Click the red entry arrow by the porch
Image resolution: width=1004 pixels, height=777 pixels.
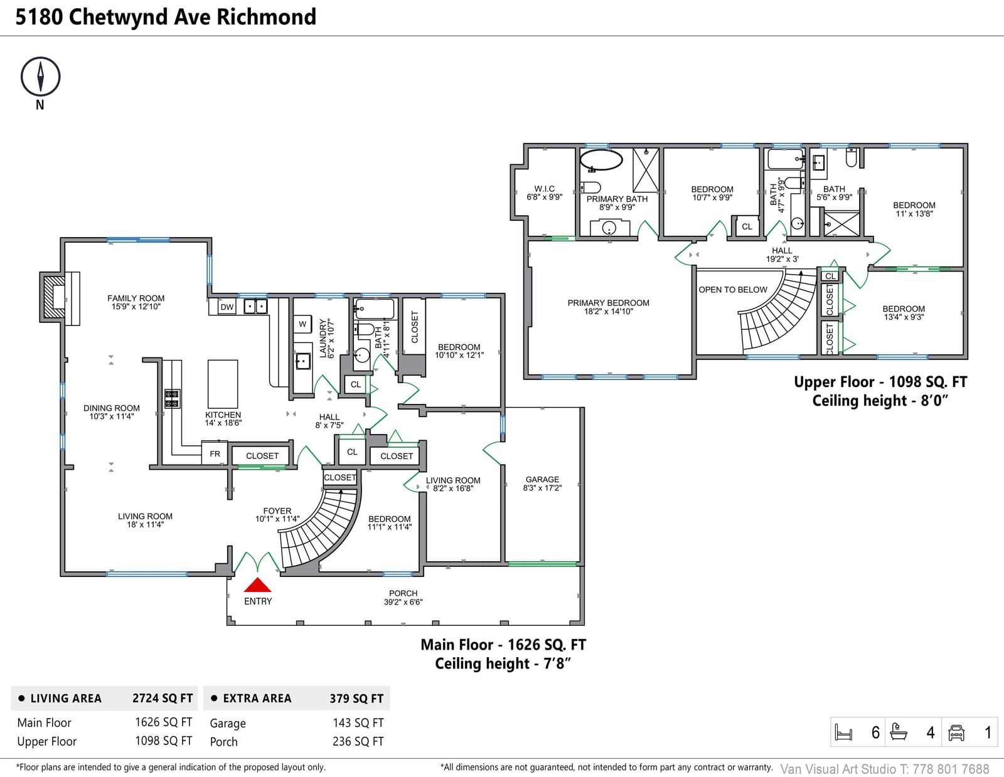coord(257,584)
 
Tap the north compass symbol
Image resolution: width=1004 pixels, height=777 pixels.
coord(40,77)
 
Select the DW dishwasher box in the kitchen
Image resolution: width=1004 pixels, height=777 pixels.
coord(227,307)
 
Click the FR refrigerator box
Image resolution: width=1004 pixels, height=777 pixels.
coord(215,454)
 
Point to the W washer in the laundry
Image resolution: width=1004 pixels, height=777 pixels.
coord(302,324)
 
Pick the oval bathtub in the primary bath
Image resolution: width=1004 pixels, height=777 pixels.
coord(601,160)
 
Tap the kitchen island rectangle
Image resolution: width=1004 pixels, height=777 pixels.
coord(223,384)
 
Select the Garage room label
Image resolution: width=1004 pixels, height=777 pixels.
coord(542,484)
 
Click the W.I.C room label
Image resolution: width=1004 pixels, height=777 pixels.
coord(544,193)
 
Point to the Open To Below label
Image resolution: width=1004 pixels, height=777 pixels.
coord(733,290)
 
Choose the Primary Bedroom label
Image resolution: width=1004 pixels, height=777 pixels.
coord(608,307)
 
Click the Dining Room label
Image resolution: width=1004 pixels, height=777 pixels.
coord(111,412)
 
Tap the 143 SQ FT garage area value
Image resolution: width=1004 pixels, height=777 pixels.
coord(358,722)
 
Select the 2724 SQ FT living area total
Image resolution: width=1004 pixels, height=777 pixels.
coord(163,698)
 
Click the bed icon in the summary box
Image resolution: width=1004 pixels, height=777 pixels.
coord(844,732)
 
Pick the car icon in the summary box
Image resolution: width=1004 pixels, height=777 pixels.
coord(956,732)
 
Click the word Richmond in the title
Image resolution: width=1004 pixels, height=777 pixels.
coord(267,17)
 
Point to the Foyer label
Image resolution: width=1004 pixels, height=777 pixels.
coord(277,515)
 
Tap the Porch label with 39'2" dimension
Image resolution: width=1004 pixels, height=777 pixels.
coord(403,598)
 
